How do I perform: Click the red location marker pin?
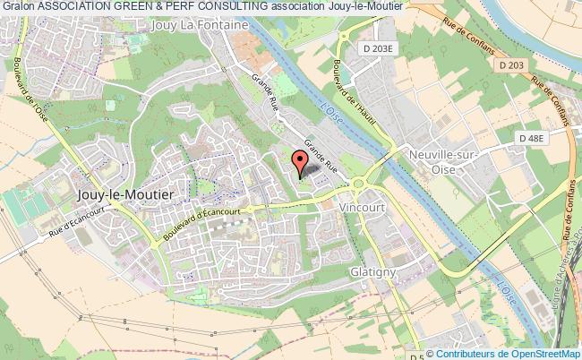(x=300, y=161)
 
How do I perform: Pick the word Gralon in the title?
(x=18, y=6)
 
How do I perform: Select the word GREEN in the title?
(x=123, y=6)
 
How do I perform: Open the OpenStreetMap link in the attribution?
(x=542, y=352)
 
